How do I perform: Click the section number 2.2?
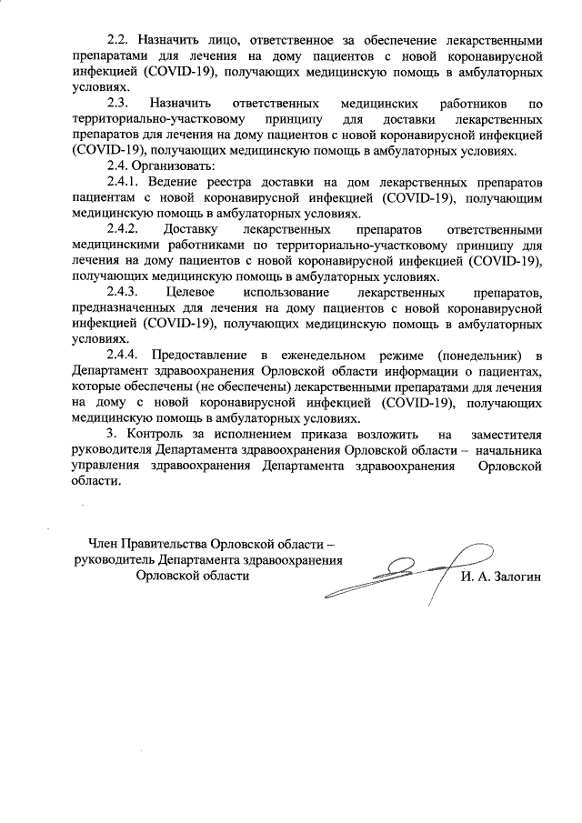[119, 40]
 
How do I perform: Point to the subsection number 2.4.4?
[125, 355]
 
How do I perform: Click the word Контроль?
[155, 434]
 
